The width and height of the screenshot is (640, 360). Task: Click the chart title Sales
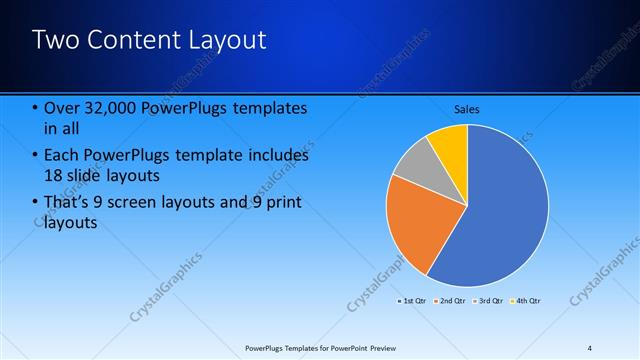(x=467, y=108)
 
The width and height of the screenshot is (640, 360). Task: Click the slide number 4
(x=589, y=348)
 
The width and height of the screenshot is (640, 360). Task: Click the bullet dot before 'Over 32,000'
(x=36, y=108)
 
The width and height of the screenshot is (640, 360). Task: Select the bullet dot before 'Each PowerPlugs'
(x=36, y=155)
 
